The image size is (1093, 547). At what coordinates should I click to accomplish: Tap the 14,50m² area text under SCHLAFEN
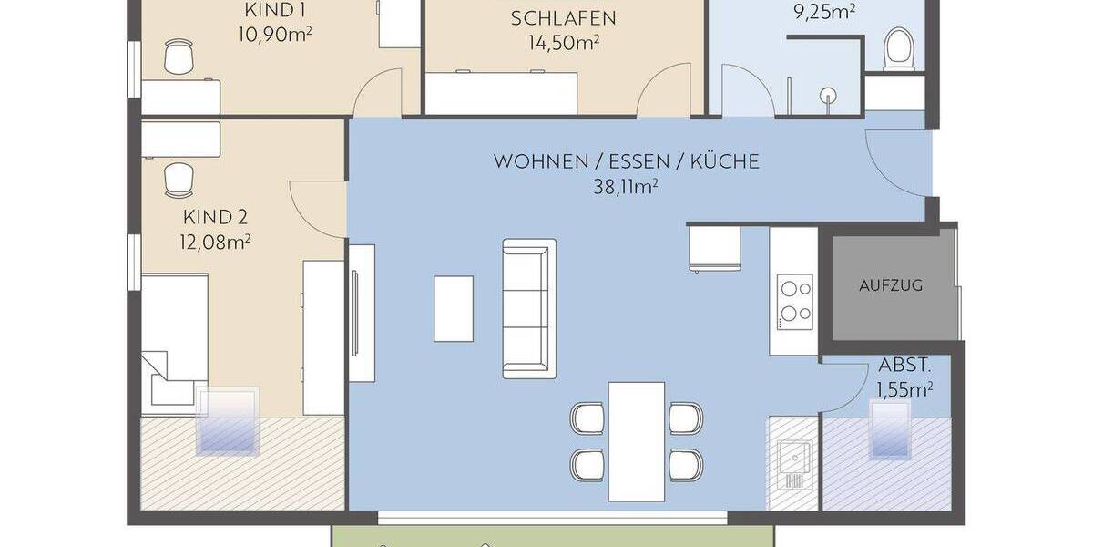click(563, 42)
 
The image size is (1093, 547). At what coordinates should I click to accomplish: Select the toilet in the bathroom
click(899, 47)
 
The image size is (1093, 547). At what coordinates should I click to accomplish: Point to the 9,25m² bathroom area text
click(824, 13)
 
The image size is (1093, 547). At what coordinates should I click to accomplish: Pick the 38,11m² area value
click(625, 187)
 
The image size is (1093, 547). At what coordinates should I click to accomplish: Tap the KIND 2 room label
click(216, 218)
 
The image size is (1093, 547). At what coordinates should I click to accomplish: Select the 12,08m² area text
click(217, 242)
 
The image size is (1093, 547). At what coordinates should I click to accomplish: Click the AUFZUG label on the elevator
click(890, 285)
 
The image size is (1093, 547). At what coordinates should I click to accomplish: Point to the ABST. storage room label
click(904, 366)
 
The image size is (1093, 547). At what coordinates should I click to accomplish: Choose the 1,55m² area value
click(904, 389)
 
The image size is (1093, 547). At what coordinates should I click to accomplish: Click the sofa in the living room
click(529, 308)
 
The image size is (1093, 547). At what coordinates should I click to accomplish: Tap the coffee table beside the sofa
click(454, 308)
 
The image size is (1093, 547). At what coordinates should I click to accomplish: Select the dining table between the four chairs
click(636, 440)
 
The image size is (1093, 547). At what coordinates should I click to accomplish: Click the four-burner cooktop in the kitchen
click(794, 301)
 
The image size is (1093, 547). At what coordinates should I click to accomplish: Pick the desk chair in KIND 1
click(179, 58)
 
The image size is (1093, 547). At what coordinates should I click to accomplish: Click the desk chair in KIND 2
click(179, 180)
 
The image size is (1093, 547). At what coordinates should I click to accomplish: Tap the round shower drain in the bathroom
click(828, 94)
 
